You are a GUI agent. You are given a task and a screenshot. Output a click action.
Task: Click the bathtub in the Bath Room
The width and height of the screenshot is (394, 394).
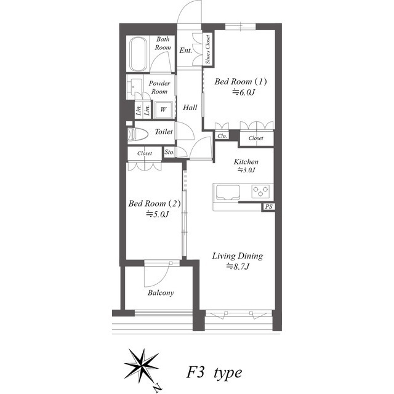138,54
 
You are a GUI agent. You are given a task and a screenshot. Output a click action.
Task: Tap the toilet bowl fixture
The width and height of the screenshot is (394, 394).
137,134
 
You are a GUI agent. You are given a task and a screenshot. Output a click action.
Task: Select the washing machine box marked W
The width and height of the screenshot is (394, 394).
163,110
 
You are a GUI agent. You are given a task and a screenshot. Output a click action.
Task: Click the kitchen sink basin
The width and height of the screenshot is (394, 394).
228,193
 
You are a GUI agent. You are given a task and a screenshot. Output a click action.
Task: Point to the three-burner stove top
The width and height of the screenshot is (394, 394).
260,191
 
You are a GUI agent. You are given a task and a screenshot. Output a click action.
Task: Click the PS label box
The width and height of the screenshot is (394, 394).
268,207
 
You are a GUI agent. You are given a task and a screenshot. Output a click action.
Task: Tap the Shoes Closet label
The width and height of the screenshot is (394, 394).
208,49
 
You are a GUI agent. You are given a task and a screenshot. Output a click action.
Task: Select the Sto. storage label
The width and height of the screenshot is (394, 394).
169,152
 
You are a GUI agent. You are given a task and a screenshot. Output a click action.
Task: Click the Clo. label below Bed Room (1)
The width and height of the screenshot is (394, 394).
222,136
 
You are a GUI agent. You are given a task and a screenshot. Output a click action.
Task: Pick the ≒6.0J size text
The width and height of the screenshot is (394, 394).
244,92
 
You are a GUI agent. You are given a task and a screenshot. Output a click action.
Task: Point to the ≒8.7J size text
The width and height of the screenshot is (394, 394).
238,266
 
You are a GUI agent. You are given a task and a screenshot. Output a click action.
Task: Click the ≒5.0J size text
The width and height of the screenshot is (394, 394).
158,214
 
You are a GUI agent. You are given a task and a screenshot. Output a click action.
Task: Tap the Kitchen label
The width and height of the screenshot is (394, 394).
246,161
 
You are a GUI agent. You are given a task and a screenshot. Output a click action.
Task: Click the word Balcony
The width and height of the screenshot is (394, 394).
161,293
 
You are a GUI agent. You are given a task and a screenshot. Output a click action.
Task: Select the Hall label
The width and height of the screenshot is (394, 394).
190,108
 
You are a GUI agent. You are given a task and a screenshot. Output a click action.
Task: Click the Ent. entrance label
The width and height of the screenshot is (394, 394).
186,50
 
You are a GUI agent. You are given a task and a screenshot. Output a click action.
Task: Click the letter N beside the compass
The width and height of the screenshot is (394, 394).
158,388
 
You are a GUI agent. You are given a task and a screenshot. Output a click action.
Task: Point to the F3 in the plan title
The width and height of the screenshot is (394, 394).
196,372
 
